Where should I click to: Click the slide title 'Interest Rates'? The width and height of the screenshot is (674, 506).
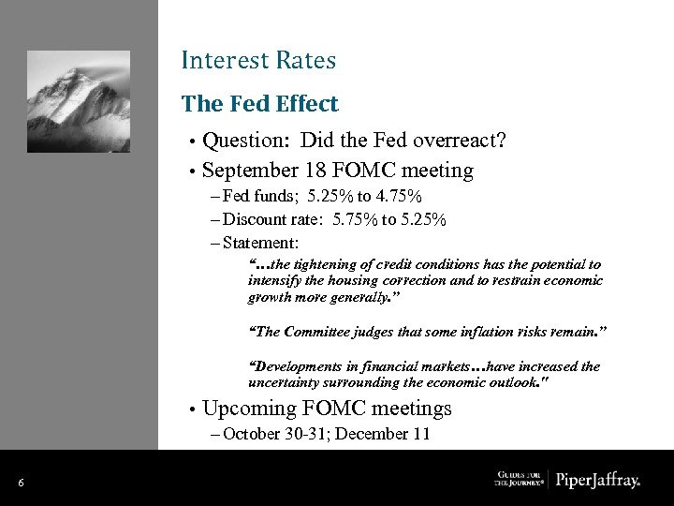pos(258,61)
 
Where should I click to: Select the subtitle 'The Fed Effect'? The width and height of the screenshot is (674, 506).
pos(259,103)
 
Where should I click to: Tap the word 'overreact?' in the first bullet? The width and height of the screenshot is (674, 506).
pos(461,141)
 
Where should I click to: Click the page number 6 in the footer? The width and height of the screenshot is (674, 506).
pos(21,483)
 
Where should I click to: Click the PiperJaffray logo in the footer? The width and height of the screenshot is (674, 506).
pos(597,481)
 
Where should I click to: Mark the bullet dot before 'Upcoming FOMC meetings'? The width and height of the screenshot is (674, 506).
pos(192,409)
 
